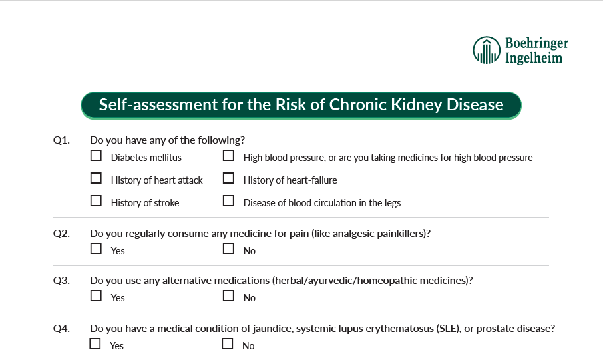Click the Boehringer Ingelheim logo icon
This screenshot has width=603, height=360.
coord(486,50)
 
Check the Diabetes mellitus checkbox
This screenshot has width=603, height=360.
coord(96,156)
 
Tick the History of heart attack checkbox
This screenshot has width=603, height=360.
coord(96,178)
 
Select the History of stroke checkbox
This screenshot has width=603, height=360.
coord(96,200)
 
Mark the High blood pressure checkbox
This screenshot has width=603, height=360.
coord(228,156)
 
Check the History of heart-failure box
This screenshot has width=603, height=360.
coord(228,178)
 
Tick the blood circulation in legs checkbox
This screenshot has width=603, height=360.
coord(228,200)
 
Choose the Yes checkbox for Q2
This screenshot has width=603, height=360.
coord(96,249)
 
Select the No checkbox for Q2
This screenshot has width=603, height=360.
coord(228,249)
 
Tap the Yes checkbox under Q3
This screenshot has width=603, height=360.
coord(96,296)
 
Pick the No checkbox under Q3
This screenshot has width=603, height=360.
coord(228,296)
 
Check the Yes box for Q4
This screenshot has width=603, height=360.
coord(95,344)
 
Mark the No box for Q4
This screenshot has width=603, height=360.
coord(228,344)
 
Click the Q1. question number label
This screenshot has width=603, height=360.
coord(61,140)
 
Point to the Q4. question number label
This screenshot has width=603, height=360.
coord(61,329)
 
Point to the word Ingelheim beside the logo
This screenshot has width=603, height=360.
coord(534,58)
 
